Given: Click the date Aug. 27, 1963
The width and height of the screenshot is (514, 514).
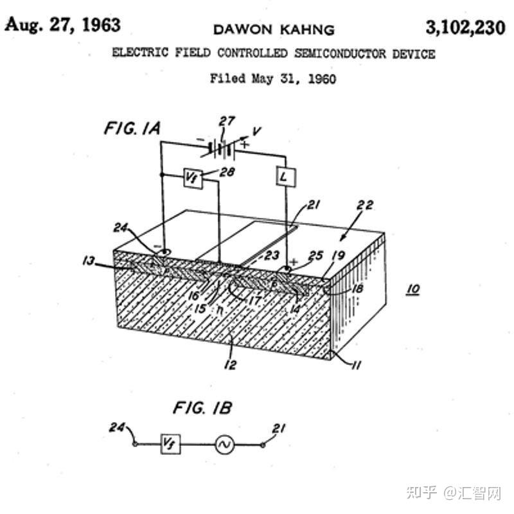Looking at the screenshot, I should pos(63,25).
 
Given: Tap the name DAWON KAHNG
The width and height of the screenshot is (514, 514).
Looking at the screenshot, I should pos(274,30).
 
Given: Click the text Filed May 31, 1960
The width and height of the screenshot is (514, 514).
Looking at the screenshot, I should pos(273,79).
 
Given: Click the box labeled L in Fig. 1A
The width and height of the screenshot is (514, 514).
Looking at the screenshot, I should pos(286,176).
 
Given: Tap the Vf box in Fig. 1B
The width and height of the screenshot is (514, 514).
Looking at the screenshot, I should pos(170,444).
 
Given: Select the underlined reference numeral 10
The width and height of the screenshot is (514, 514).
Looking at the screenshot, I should pos(412,289).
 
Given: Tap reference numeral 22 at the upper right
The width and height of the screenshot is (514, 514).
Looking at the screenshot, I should pos(364,206).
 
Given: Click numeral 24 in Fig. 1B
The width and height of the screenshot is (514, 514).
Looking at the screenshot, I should pos(117,426).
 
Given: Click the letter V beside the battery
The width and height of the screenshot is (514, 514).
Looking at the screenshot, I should pos(256,131).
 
